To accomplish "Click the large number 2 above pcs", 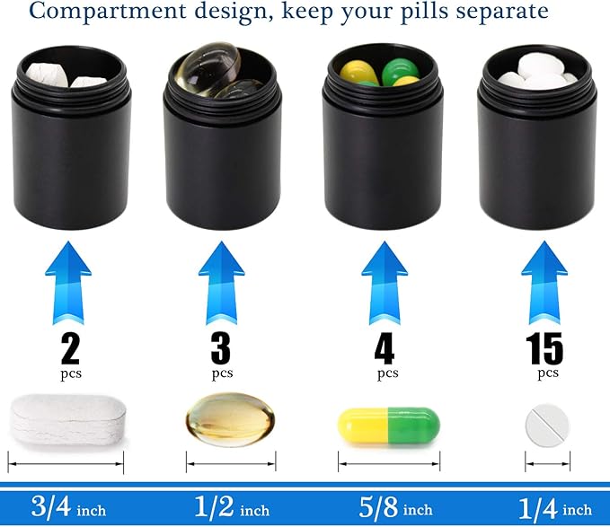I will [x=69, y=347].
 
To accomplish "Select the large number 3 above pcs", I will [x=222, y=347].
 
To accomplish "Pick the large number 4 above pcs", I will [x=386, y=347].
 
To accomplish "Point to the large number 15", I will [x=545, y=347].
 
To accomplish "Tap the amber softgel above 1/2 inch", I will [x=230, y=418].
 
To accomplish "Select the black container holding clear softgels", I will [x=223, y=153].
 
